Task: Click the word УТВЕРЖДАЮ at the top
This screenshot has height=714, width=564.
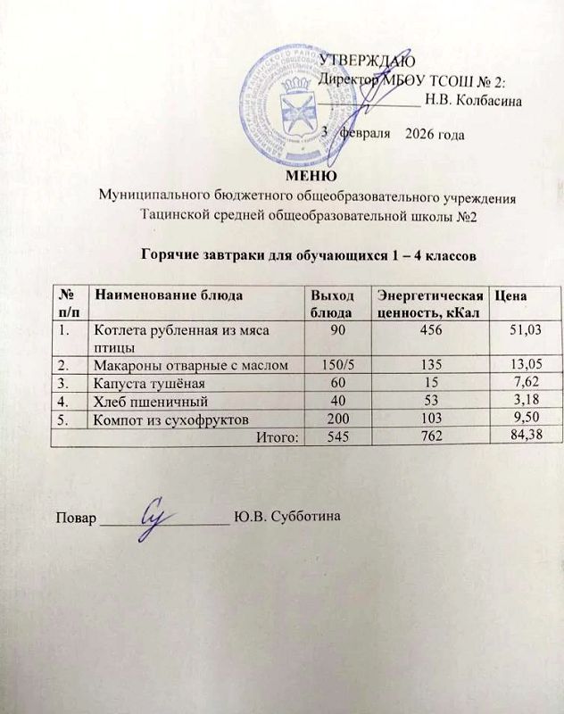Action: tap(367, 60)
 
